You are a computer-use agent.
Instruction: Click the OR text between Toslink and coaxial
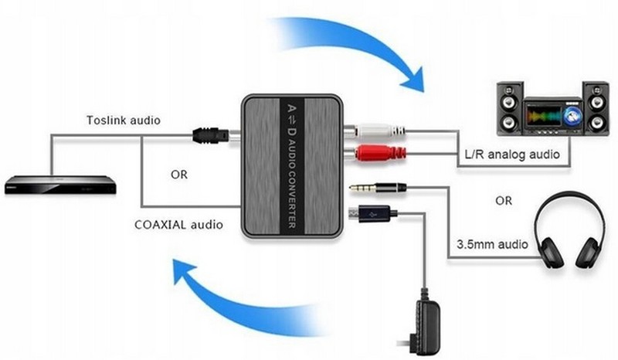pyautogui.click(x=179, y=173)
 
